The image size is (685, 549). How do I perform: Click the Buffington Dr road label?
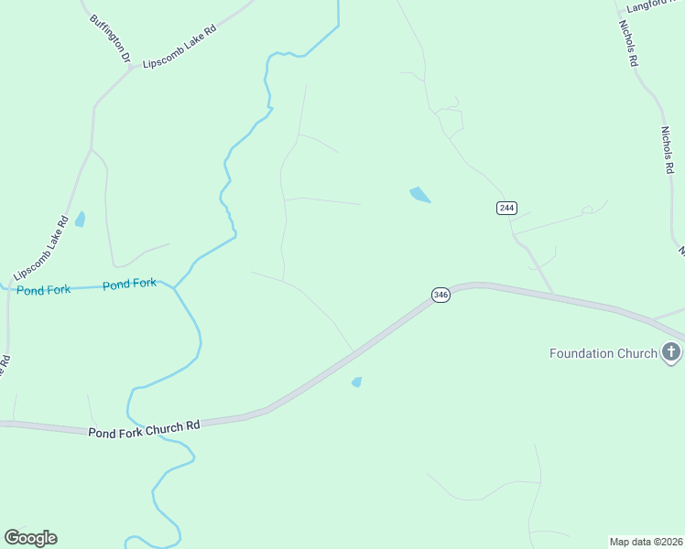[x=110, y=38]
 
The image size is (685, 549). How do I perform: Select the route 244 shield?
[x=506, y=208]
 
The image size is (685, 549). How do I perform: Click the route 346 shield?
[x=440, y=295]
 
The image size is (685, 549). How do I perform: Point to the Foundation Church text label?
[x=603, y=353]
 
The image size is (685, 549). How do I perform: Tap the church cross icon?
[x=671, y=352]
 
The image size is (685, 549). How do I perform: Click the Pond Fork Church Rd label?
[x=144, y=427]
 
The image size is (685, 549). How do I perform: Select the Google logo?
[x=30, y=538]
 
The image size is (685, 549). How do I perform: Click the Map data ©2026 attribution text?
[x=646, y=541]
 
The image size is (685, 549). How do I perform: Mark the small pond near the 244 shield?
[x=419, y=194]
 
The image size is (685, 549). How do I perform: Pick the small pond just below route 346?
[x=356, y=382]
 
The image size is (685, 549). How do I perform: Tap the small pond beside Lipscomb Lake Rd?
[x=81, y=219]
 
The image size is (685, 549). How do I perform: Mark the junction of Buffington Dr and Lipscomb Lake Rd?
[x=135, y=67]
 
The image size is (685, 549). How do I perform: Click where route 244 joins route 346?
[x=553, y=294]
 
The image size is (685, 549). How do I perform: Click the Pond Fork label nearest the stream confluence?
[x=129, y=285]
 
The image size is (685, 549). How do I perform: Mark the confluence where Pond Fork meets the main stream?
[x=174, y=286]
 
